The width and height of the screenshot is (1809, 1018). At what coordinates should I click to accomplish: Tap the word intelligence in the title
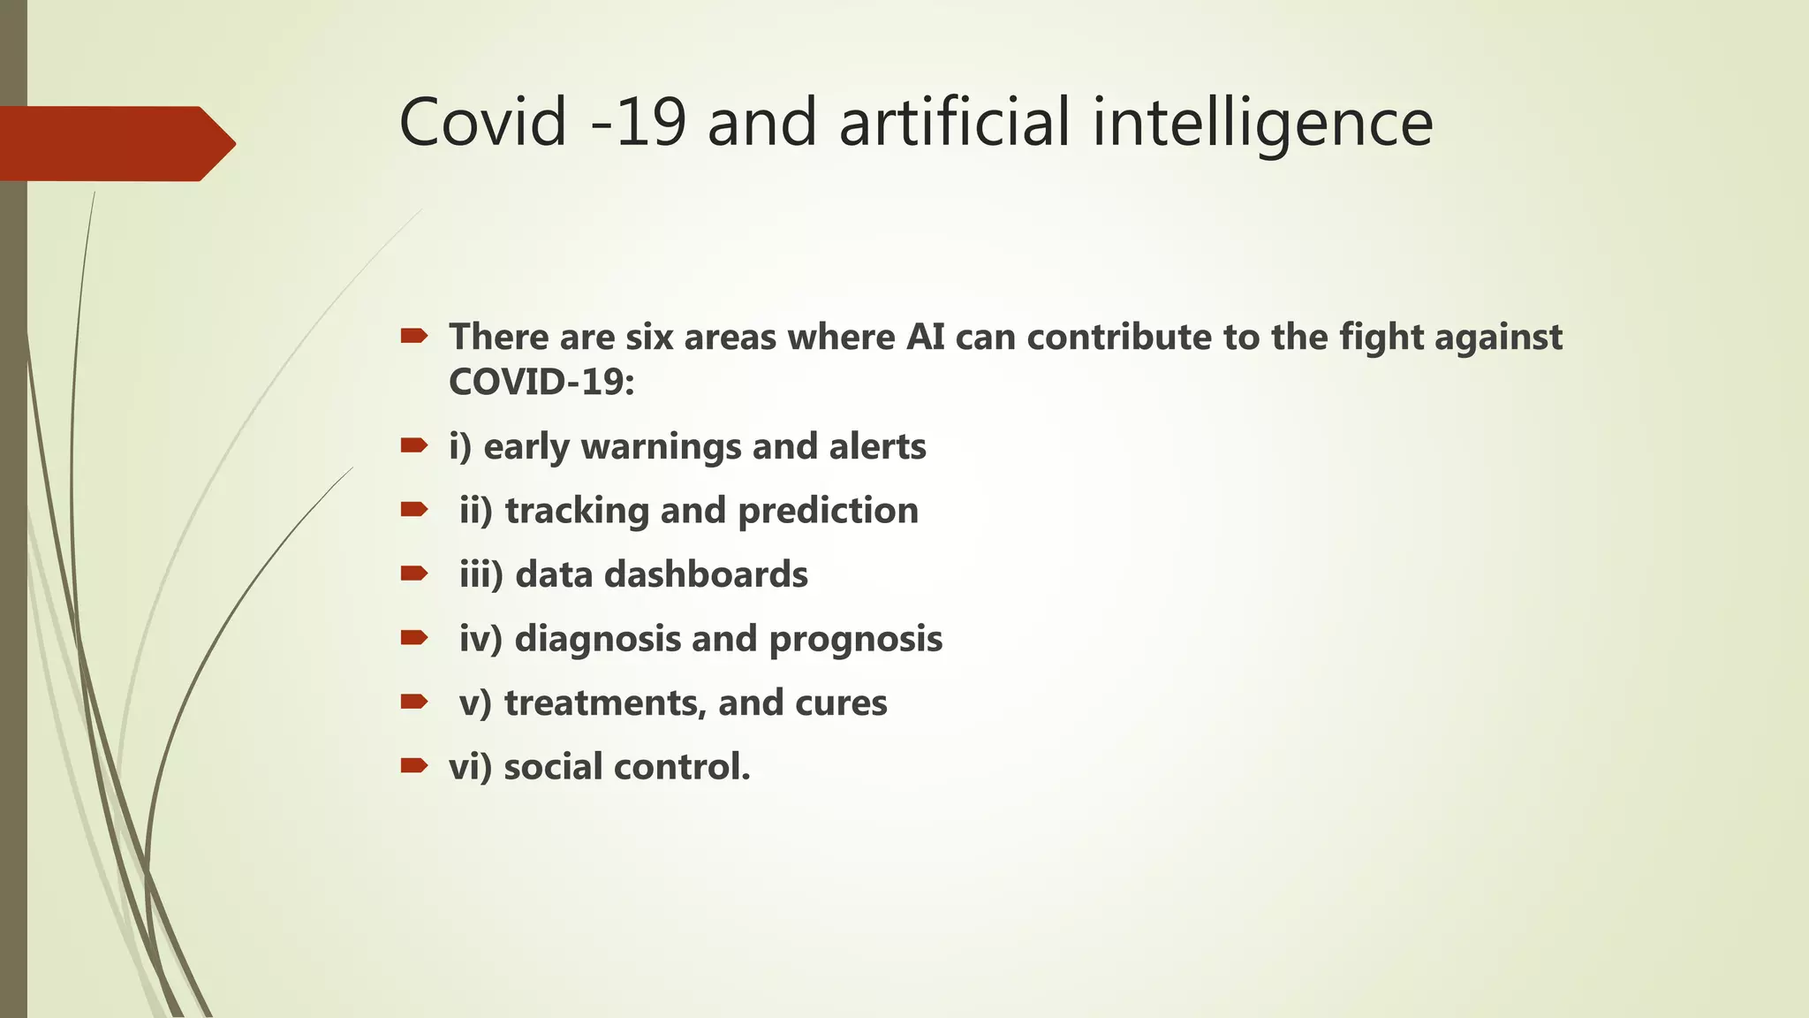click(1262, 124)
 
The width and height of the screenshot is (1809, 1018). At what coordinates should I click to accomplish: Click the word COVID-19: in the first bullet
click(541, 383)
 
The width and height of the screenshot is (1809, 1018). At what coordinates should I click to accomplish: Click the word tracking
click(576, 512)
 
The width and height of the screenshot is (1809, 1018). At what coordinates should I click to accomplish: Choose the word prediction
click(828, 512)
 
